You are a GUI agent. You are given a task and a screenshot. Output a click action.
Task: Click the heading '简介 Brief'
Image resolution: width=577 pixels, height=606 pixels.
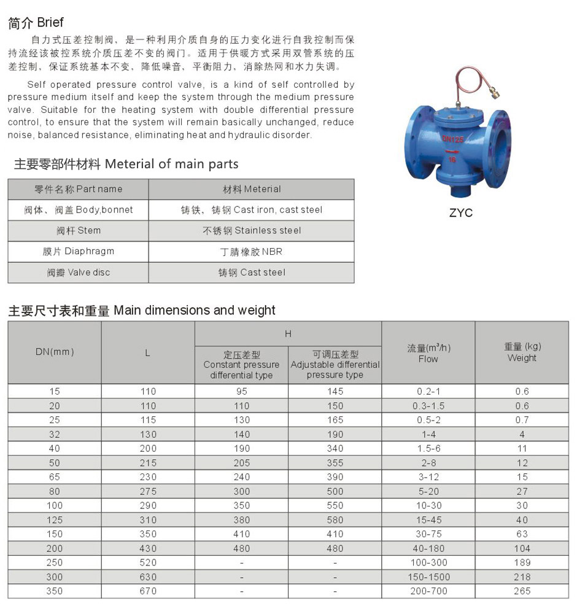point(36,23)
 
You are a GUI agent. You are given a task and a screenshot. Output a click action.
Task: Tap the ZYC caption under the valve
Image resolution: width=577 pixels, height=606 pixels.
point(461,214)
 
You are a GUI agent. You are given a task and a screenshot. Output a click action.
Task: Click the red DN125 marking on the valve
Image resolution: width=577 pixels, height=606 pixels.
point(452,140)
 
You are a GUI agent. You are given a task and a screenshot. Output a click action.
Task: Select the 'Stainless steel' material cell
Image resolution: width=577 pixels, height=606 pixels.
point(252,231)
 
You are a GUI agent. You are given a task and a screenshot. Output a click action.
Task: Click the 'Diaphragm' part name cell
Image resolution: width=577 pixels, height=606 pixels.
point(78,252)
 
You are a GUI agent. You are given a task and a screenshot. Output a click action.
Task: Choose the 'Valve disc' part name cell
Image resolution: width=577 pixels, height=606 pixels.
point(78,273)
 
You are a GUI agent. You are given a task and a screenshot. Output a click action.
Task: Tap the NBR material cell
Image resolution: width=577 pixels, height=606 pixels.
point(252,252)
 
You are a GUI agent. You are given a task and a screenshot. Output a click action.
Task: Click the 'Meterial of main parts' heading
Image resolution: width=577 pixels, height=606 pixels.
point(126,164)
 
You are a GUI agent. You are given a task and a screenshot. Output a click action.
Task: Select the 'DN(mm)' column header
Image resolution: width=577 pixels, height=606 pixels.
point(55,352)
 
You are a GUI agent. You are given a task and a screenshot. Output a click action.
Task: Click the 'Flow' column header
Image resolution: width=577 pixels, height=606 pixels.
point(428,353)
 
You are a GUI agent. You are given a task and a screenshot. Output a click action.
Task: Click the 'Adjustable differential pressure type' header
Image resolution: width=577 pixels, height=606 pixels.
point(335,365)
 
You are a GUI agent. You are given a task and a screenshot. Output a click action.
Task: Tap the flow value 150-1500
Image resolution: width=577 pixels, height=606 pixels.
point(428,577)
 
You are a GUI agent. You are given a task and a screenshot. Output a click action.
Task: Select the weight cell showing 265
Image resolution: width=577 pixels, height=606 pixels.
point(522,591)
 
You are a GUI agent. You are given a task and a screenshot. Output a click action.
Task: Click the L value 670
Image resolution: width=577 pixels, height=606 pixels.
point(148,591)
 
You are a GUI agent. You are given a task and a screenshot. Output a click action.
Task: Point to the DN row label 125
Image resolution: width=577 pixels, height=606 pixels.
point(55,519)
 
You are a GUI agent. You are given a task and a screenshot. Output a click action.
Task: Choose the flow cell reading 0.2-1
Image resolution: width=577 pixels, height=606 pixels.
point(428,391)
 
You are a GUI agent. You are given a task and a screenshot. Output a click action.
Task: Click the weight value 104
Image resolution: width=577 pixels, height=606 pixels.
point(522,548)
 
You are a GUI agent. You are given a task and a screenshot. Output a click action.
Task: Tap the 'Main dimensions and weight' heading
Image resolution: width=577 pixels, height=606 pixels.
point(142,310)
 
